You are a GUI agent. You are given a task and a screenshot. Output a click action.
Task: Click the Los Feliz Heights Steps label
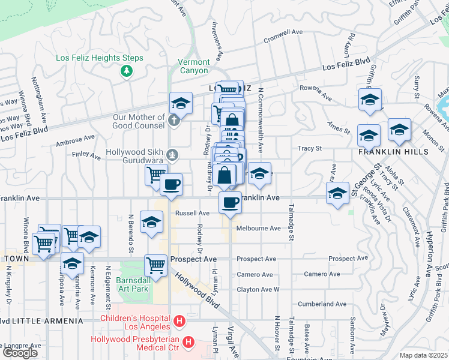pyautogui.click(x=100, y=58)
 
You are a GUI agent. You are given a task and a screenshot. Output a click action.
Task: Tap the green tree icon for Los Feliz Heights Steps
pyautogui.click(x=126, y=71)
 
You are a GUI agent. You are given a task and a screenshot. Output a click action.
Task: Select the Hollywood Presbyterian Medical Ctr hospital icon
pyautogui.click(x=188, y=343)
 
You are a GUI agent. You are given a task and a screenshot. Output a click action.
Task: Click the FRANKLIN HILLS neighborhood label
pyautogui.click(x=393, y=152)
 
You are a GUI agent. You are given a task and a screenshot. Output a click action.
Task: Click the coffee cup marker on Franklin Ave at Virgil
pyautogui.click(x=229, y=203)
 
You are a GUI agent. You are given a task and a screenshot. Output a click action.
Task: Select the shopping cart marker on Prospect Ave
pyautogui.click(x=155, y=265)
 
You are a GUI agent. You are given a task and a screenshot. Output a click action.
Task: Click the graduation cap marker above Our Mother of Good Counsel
pyautogui.click(x=180, y=103)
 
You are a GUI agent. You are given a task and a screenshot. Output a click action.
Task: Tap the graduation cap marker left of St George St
pyautogui.click(x=338, y=193)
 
